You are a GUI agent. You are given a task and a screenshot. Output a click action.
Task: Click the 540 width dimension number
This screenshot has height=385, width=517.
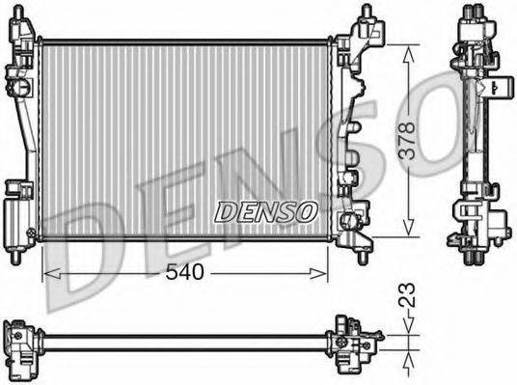pyautogui.click(x=184, y=273)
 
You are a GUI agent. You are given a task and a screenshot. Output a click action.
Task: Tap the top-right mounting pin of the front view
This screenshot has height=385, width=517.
pyautogui.click(x=367, y=14)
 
